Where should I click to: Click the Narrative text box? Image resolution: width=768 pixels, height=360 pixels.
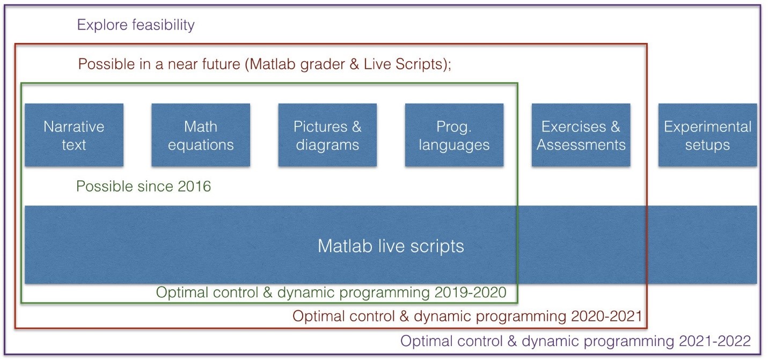point(74,135)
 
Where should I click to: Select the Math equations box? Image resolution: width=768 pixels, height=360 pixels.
point(201,135)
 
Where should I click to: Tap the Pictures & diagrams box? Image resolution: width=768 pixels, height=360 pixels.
point(327,135)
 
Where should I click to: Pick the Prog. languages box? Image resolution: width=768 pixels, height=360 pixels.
point(454,135)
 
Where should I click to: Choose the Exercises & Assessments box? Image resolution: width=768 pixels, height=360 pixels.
point(581,135)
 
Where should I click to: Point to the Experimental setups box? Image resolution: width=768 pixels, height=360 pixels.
point(708,135)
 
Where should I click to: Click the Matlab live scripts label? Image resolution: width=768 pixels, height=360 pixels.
point(391,246)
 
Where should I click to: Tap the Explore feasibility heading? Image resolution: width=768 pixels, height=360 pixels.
point(136,25)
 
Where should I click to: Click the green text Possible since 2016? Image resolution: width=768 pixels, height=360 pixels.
point(143,187)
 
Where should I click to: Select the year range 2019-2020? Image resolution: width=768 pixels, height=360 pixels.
point(470,292)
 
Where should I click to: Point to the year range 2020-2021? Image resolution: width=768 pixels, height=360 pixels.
point(606,316)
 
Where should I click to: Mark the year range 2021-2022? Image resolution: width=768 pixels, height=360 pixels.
point(715,341)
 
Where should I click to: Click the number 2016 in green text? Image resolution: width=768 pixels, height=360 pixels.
point(194,187)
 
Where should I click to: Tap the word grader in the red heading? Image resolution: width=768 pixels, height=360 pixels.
point(323,65)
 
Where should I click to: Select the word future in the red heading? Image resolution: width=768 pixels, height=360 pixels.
point(221,64)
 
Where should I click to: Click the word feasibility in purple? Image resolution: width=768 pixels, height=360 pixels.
point(163,25)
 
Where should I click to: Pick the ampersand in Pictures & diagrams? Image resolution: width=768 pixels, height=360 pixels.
point(356,127)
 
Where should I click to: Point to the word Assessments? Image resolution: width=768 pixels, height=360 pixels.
point(581,145)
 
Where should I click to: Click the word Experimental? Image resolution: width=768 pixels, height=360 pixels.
point(708,127)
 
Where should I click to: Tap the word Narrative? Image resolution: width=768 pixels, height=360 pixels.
point(74,127)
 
